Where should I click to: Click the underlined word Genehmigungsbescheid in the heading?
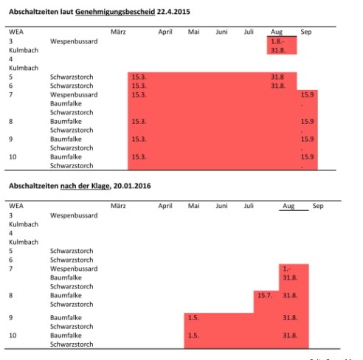click(115, 12)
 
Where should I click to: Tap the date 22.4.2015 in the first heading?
click(173, 12)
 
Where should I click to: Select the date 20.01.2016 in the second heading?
click(132, 186)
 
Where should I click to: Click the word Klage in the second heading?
click(100, 186)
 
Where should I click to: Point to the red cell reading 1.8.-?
click(277, 41)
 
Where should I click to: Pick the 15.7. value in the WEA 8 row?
click(265, 295)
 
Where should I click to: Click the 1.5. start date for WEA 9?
click(193, 317)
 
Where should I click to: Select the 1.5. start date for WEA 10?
click(193, 335)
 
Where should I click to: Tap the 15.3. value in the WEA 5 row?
click(139, 77)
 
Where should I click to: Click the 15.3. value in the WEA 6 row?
click(139, 86)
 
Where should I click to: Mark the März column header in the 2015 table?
click(118, 32)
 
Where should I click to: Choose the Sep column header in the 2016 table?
click(318, 206)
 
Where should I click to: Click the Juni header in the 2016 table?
click(221, 206)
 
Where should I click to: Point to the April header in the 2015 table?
click(165, 32)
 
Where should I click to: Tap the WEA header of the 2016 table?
click(16, 206)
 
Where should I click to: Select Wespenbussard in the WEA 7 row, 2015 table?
click(74, 95)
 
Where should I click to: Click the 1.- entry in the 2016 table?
click(287, 269)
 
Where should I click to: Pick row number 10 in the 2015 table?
click(13, 157)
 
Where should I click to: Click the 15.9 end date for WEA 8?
click(307, 121)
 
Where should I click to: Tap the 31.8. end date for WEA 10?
click(290, 335)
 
